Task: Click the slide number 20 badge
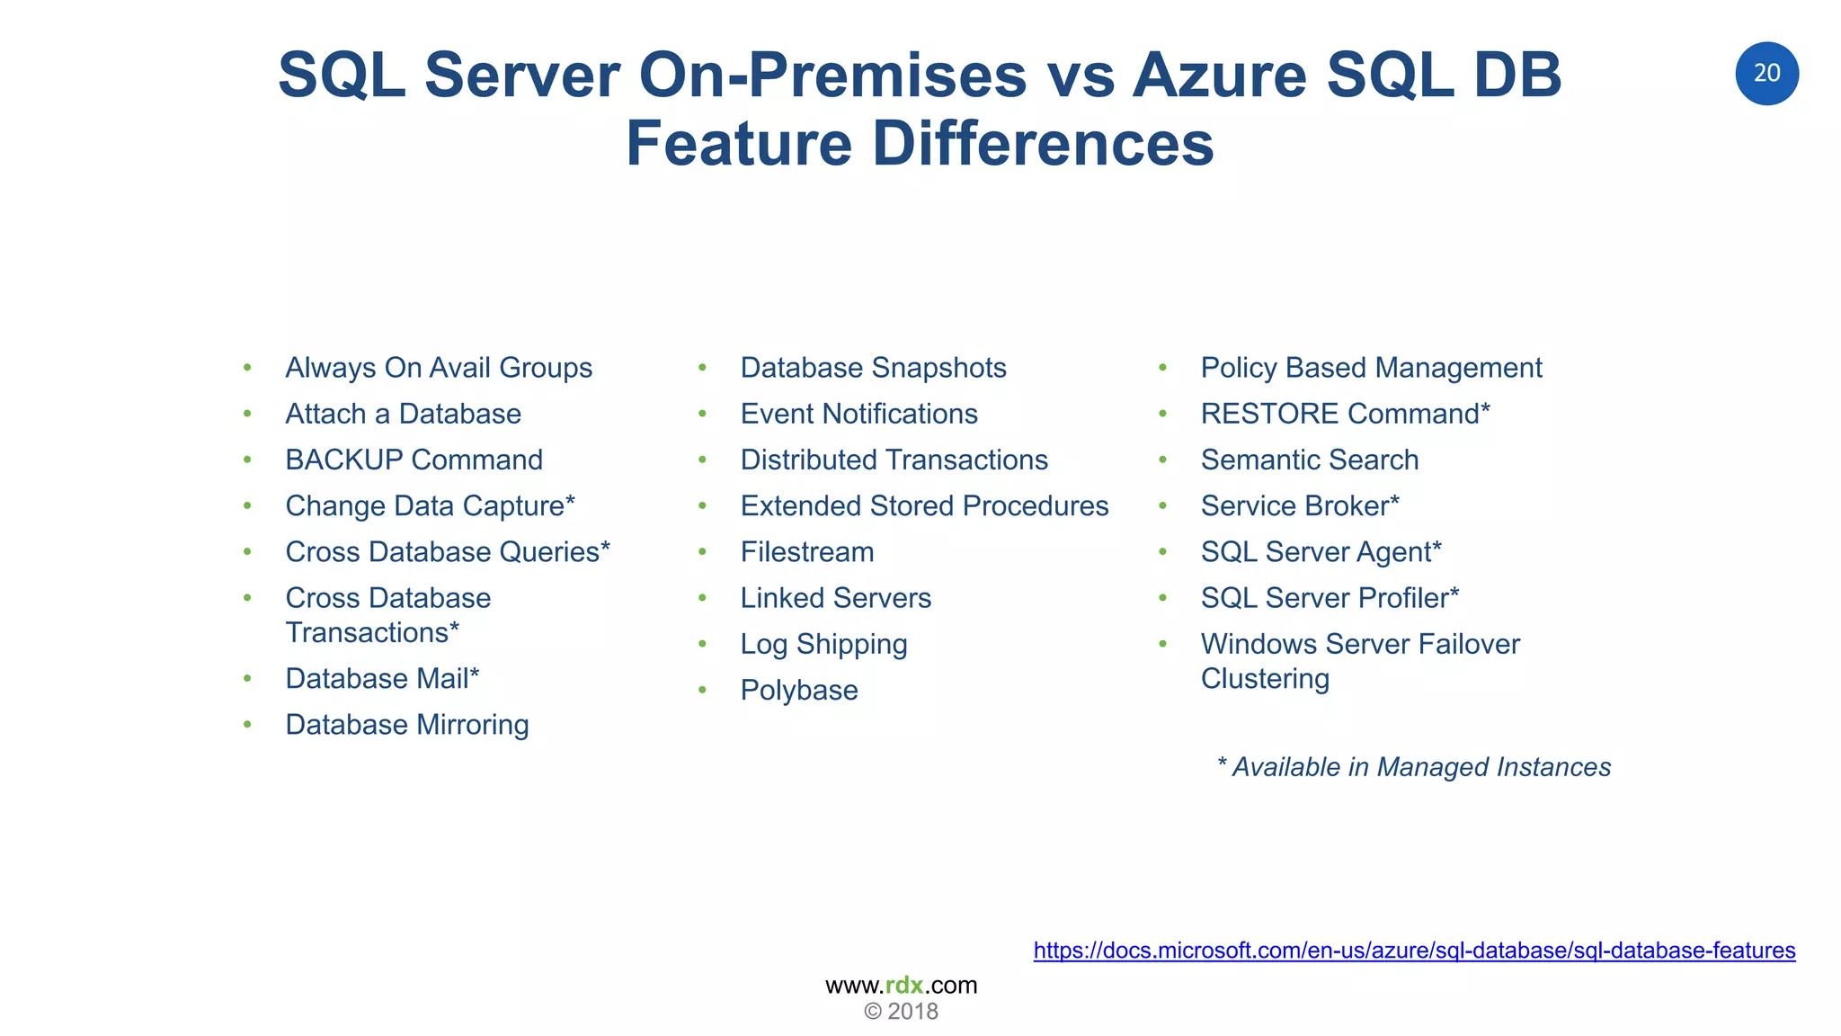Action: (1766, 74)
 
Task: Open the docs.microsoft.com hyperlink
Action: (1414, 951)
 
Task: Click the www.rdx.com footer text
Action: (901, 985)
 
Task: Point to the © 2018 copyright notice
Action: (901, 1012)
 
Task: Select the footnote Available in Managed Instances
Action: (1414, 767)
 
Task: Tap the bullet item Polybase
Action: (799, 691)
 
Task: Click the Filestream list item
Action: (807, 552)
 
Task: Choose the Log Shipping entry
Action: (823, 645)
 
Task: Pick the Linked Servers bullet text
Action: (835, 598)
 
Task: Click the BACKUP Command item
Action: (414, 460)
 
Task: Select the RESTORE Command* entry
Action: (1345, 414)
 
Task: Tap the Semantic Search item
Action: (1310, 460)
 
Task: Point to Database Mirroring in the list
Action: (406, 725)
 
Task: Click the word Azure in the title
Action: (1218, 76)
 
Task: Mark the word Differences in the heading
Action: (1043, 144)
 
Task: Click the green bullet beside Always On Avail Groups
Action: (247, 368)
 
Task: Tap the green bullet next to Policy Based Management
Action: (1162, 368)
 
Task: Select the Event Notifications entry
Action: (858, 414)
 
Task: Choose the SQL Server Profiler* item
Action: (1330, 598)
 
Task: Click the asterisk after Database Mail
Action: (475, 674)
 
